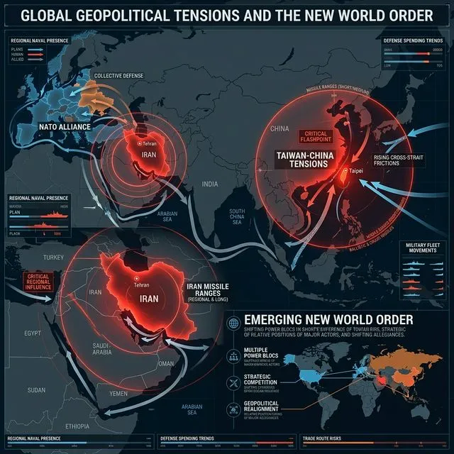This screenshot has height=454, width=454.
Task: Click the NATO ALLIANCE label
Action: pos(65,130)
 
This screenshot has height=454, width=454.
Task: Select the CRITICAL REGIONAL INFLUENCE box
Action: pos(33,282)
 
